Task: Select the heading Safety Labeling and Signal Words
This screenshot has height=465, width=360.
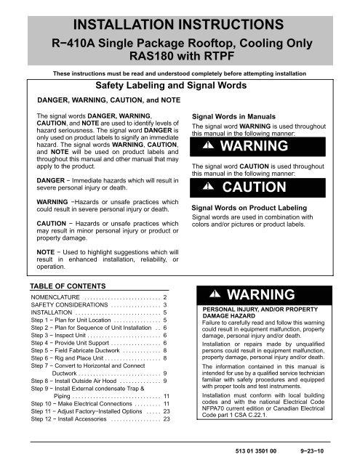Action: tap(180, 86)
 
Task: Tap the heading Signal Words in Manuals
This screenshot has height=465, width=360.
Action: tap(230, 115)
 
